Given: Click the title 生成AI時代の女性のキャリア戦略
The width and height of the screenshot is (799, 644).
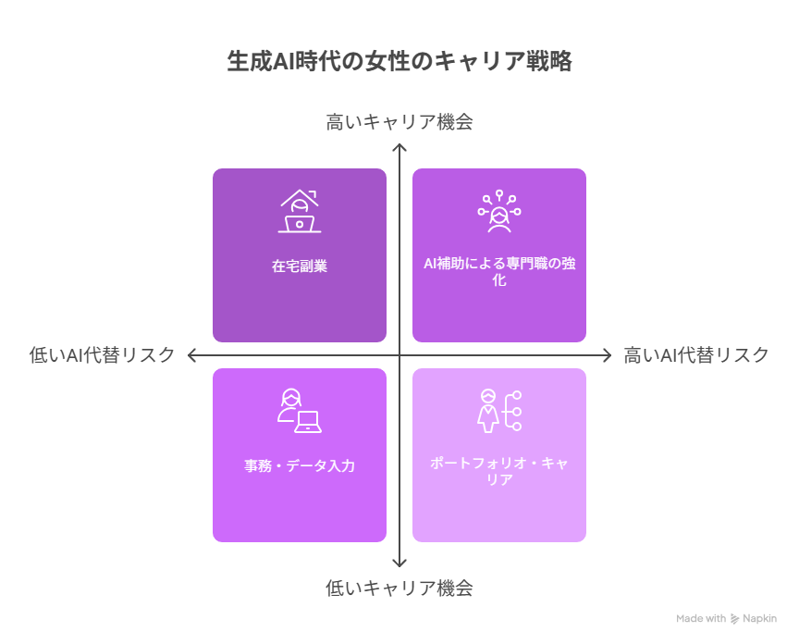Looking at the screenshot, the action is point(399,61).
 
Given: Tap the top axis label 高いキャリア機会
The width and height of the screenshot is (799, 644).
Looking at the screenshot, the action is point(399,122).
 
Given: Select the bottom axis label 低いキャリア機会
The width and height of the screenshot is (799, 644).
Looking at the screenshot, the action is point(399,588).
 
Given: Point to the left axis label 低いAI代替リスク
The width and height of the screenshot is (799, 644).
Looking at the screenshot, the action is point(102,355).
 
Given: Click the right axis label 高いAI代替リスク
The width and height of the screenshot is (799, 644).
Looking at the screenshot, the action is point(696,355).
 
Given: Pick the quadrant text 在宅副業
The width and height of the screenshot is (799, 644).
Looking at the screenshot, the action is point(300,266).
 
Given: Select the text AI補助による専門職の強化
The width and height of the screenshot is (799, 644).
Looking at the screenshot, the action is point(499,271).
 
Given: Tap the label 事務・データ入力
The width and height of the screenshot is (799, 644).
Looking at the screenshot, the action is point(300,465).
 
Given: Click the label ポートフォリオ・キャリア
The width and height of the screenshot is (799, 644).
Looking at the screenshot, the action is point(499,471).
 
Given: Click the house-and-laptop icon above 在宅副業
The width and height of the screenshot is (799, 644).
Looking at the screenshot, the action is point(300,211).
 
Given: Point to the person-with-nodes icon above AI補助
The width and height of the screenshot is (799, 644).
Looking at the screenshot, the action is point(499,211).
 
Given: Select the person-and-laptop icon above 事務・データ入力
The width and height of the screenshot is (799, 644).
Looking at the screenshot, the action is point(300,411).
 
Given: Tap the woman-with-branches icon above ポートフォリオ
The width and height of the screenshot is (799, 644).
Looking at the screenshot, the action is point(499,411).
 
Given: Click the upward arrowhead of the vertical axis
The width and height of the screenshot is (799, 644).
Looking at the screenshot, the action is point(399,145).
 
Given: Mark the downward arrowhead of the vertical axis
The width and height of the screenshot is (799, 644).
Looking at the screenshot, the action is point(399,565).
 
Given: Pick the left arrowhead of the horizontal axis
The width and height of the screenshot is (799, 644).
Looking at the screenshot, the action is point(190,355).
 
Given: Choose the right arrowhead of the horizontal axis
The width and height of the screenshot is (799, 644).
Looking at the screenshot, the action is point(609,355).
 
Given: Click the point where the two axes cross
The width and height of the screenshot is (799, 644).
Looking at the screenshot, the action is point(399,355).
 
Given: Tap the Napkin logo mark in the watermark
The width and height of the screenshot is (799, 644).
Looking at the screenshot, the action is point(734,619).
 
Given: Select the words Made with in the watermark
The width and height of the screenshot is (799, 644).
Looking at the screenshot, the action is point(701,618).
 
